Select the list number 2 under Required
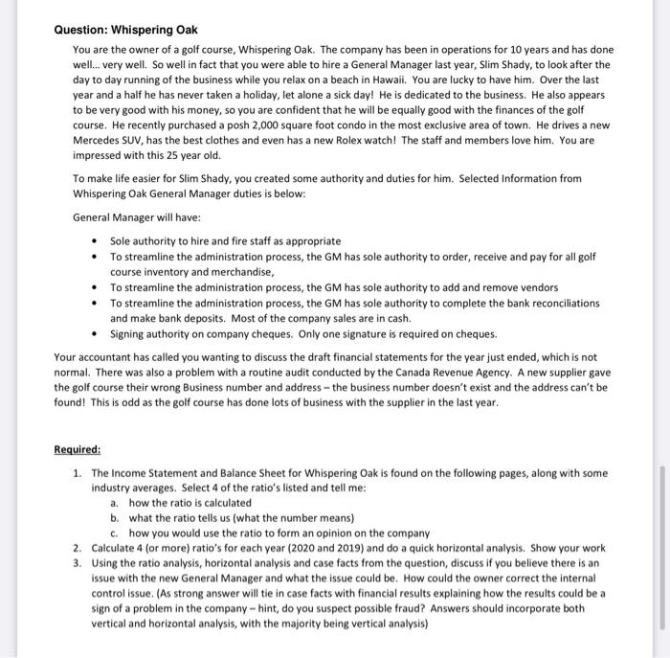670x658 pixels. pos(77,547)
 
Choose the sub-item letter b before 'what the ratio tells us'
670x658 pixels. pos(115,517)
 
